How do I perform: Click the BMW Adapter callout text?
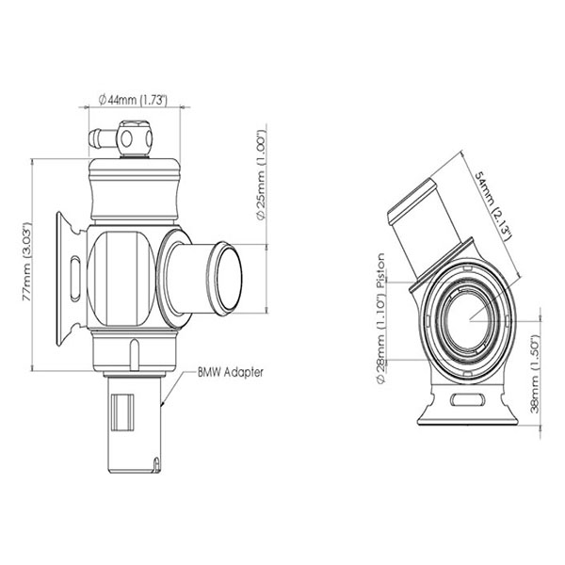point(230,372)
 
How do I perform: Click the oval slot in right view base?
point(467,402)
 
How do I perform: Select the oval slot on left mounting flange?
point(74,273)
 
